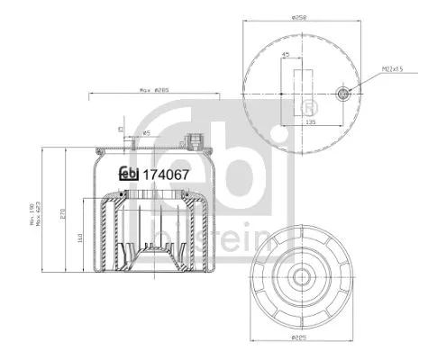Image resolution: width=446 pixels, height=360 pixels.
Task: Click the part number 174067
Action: coord(165,175)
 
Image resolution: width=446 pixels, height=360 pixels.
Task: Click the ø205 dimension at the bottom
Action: coord(300,338)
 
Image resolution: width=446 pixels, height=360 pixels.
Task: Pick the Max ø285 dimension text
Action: coord(156,90)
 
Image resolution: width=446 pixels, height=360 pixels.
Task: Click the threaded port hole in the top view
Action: coord(343,93)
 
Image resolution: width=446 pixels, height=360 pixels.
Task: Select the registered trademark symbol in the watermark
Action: coord(295,109)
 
